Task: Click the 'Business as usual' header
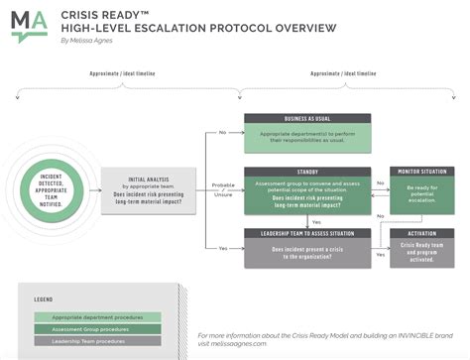pyautogui.click(x=306, y=118)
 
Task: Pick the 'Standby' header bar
pyautogui.click(x=306, y=171)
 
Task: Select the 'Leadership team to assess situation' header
pyautogui.click(x=306, y=234)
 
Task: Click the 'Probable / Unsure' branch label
pyautogui.click(x=223, y=190)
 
